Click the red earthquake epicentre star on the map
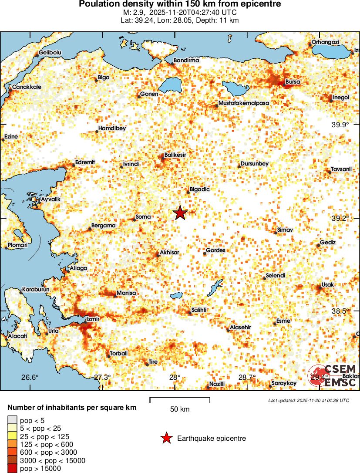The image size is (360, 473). tap(180, 213)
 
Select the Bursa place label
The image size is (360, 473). tap(292, 81)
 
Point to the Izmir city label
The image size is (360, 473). tap(94, 319)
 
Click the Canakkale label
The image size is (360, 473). tap(27, 87)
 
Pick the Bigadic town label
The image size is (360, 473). tap(200, 190)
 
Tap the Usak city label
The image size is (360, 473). tap(327, 285)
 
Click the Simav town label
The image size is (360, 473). tap(285, 230)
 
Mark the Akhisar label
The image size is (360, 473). tap(169, 252)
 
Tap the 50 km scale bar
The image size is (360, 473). tap(180, 398)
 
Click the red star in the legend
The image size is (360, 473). tap(166, 439)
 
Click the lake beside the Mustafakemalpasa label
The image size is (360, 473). tap(235, 88)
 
